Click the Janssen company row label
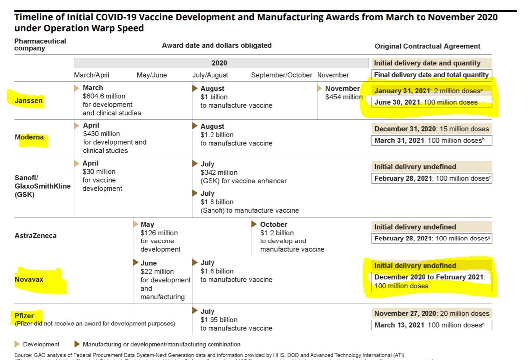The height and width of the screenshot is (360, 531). [x=29, y=100]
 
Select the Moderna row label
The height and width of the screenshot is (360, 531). [x=29, y=137]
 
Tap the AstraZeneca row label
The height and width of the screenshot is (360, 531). [x=35, y=235]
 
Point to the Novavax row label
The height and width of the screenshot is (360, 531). [x=29, y=279]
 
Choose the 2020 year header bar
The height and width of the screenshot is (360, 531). [x=219, y=63]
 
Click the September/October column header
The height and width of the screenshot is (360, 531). [x=281, y=75]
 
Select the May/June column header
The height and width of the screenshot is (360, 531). [x=152, y=75]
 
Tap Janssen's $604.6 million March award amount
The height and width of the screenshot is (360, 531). [x=104, y=96]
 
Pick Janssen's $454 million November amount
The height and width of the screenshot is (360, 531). [x=344, y=97]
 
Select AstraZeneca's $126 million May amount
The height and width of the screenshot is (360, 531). [x=159, y=233]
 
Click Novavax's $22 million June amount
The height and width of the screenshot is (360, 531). [x=157, y=271]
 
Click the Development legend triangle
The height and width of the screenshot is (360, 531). [x=18, y=344]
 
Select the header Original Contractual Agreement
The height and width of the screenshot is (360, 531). [x=427, y=46]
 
